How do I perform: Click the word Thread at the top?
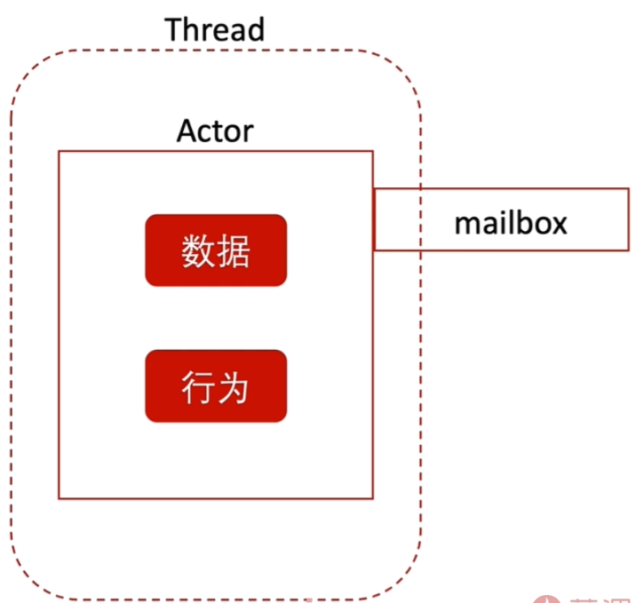click(215, 29)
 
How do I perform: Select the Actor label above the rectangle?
click(215, 131)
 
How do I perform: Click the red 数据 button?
click(216, 250)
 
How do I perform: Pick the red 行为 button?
click(216, 386)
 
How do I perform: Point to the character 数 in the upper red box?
click(198, 251)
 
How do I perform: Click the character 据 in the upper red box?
click(234, 251)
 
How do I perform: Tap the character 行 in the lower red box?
click(198, 387)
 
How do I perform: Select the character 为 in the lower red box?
click(234, 387)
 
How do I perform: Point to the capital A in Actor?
click(187, 131)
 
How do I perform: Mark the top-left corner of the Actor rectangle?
click(60, 151)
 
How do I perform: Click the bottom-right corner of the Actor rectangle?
click(372, 498)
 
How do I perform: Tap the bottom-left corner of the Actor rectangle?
click(60, 498)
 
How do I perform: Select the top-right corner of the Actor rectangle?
click(372, 151)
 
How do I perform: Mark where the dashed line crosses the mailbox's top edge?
click(420, 188)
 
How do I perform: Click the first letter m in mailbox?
click(466, 223)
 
